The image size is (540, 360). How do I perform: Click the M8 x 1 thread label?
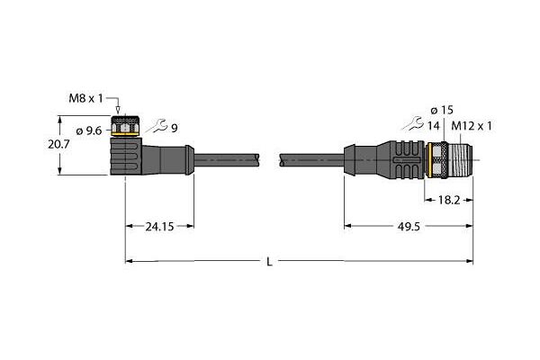coord(85,98)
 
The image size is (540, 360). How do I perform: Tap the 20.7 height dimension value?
coord(58,144)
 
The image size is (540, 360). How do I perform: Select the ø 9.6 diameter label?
coord(89,130)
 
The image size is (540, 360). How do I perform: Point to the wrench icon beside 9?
coord(156,126)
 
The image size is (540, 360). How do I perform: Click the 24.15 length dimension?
coord(159,227)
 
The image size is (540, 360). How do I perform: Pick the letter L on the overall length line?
coord(269,262)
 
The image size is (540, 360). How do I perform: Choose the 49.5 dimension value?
coord(409,227)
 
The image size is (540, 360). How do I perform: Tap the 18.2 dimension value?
coord(449,200)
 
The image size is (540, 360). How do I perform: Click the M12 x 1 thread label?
coord(472,126)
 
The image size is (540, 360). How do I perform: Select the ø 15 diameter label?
coord(442,110)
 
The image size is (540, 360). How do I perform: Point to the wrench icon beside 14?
coord(412,123)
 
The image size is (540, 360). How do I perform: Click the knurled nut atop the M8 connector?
coord(125,126)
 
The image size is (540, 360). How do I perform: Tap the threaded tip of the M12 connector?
coord(461,160)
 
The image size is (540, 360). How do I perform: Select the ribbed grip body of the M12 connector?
coord(400,160)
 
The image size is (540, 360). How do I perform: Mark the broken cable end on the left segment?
coord(257,160)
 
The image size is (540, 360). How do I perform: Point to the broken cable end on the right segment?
coord(282,160)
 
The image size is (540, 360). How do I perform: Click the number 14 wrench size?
coord(434,126)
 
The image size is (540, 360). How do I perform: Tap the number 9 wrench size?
coord(175,128)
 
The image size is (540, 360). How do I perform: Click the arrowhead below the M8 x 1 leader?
coord(118,110)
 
